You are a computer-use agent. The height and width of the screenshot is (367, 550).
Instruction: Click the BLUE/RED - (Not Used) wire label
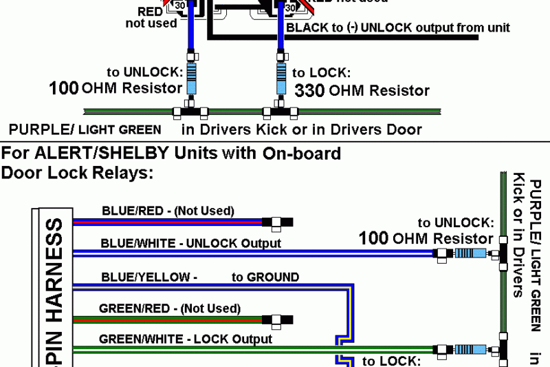[168, 211]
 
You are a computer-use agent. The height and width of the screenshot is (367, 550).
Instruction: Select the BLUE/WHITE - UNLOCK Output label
[190, 243]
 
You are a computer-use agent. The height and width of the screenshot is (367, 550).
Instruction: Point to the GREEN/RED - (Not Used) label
[169, 308]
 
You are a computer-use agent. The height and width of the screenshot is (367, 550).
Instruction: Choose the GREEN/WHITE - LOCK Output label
[186, 339]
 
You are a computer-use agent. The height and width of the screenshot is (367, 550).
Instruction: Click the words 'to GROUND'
[265, 277]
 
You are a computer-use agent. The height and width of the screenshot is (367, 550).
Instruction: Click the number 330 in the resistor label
[309, 90]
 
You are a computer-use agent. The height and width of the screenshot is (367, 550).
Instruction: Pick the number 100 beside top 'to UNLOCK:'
[64, 88]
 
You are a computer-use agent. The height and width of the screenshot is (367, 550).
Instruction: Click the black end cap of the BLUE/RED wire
[286, 222]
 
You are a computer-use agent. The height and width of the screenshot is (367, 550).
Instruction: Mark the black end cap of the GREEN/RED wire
[286, 319]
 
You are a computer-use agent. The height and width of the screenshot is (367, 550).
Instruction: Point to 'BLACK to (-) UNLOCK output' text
[398, 28]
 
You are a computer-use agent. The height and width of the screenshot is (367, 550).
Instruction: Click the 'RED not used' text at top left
[151, 17]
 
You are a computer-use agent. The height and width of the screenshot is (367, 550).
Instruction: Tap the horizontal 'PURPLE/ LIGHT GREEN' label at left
[85, 129]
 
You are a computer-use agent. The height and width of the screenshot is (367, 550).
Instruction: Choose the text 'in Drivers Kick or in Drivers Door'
[301, 129]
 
